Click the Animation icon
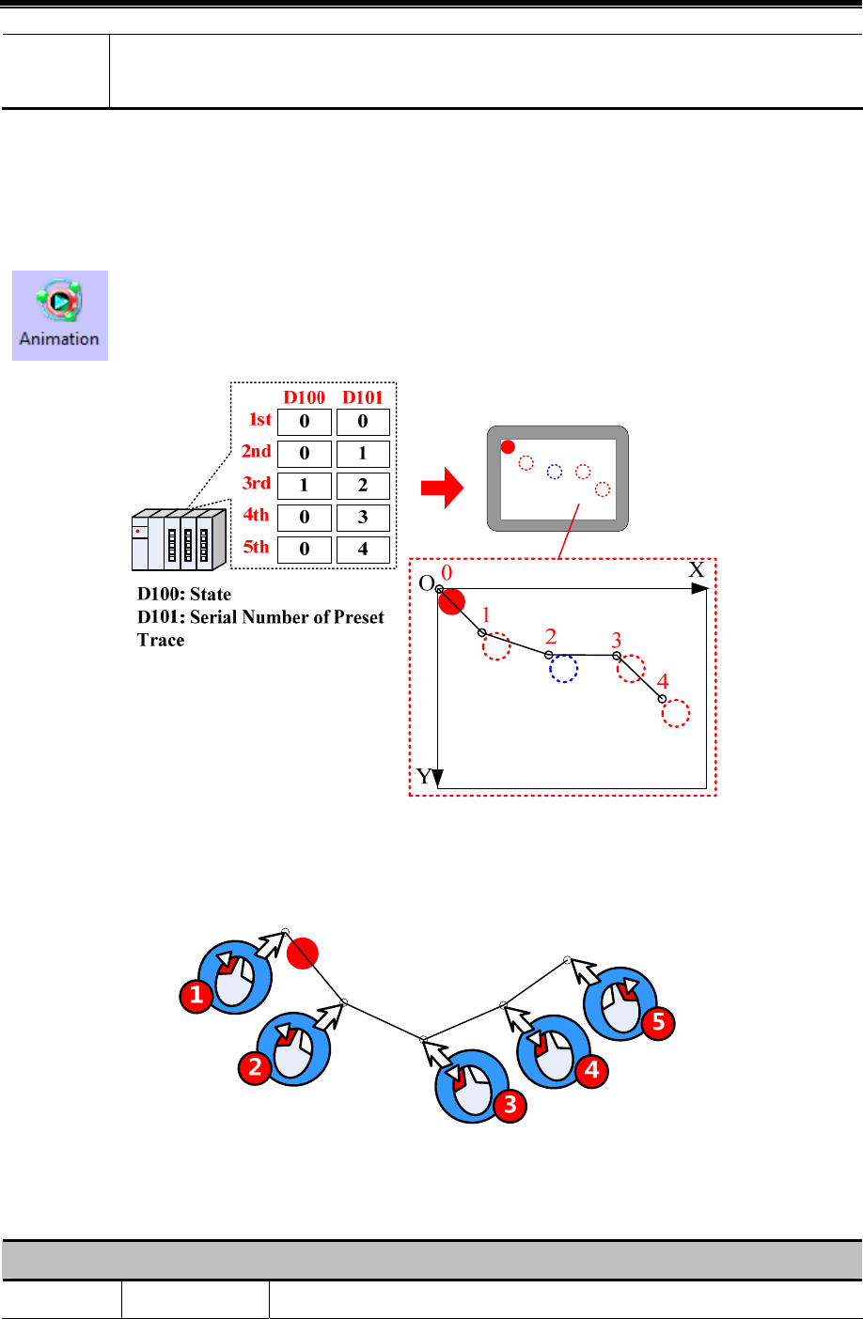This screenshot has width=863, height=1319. [x=59, y=315]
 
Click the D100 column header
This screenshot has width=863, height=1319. [x=304, y=397]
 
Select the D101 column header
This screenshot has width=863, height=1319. [x=363, y=397]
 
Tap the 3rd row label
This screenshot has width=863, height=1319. [x=257, y=483]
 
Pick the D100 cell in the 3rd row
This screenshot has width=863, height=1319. [x=304, y=486]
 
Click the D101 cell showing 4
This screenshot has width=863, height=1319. [x=363, y=550]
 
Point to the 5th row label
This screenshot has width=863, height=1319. [x=256, y=547]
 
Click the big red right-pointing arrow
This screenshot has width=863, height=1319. [x=442, y=489]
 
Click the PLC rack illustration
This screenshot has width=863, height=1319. [x=179, y=540]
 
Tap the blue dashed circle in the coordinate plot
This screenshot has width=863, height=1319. [x=563, y=668]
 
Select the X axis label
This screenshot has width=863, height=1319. [x=696, y=570]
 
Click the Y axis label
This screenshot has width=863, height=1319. [x=425, y=777]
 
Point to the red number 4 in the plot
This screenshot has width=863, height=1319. [x=663, y=682]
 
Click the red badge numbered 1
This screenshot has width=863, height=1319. [x=196, y=995]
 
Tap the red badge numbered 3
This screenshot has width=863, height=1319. [x=510, y=1105]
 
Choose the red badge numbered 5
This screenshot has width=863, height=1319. [x=658, y=1022]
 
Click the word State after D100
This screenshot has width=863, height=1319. [x=210, y=594]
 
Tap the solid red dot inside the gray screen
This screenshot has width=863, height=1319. [x=508, y=446]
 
